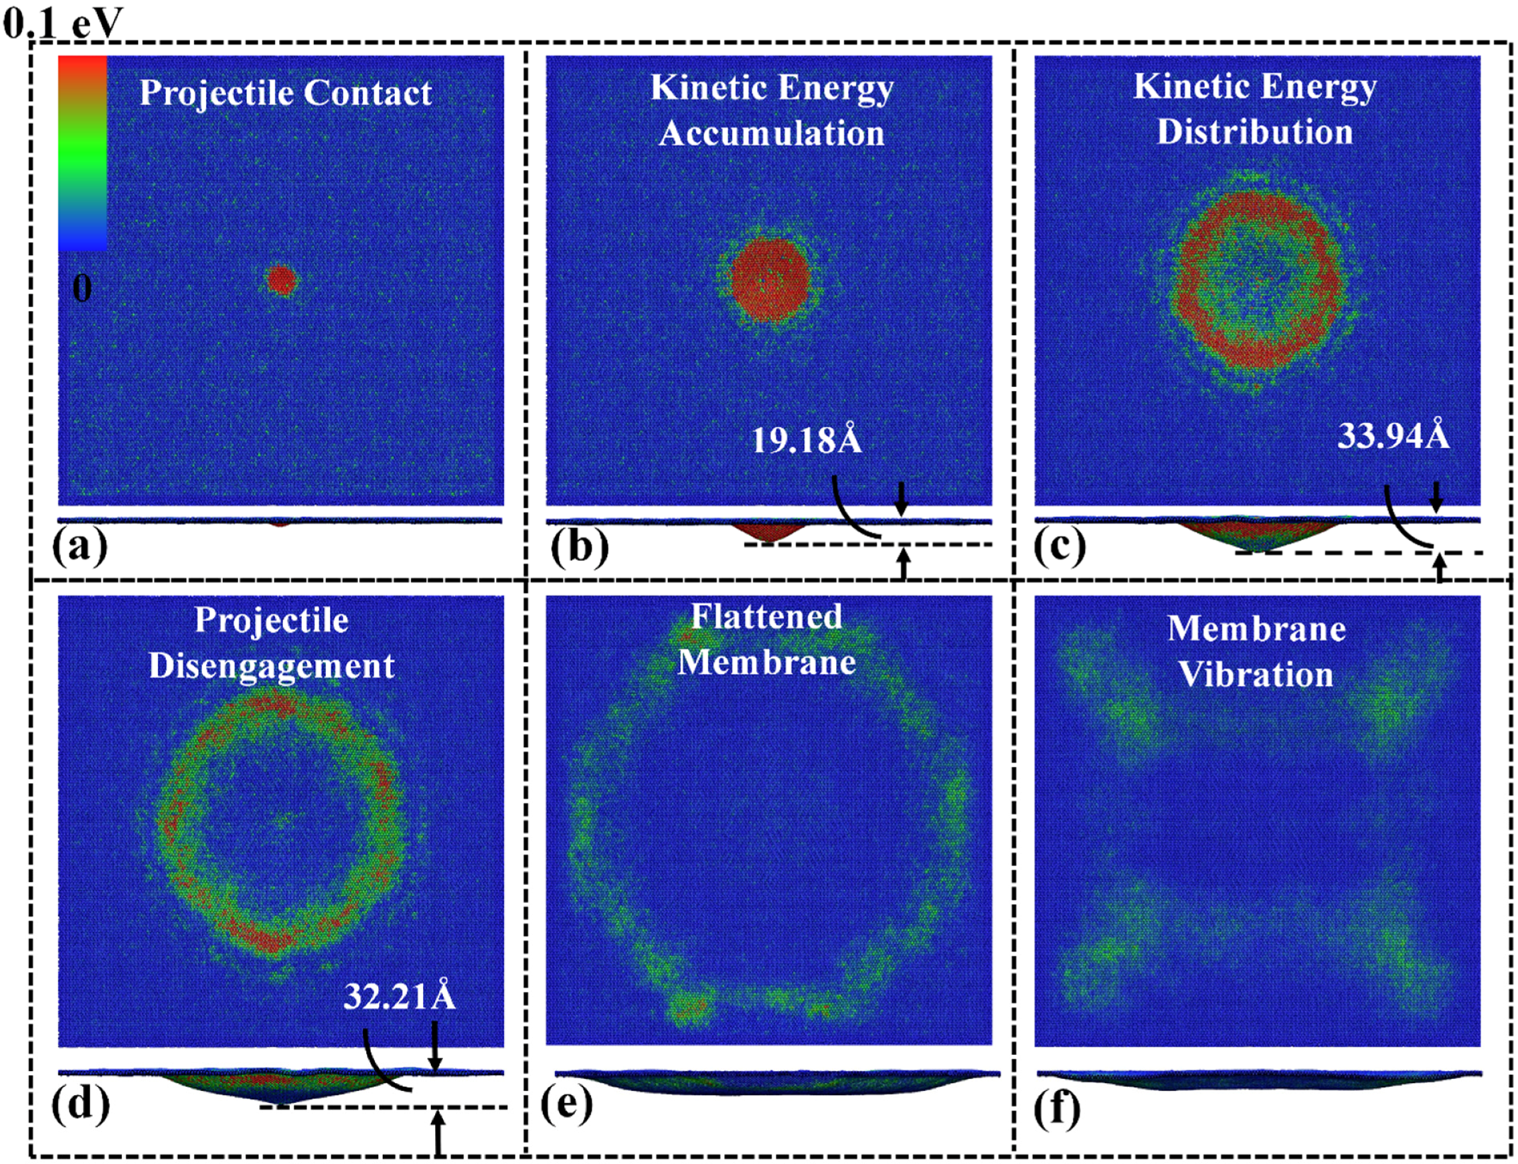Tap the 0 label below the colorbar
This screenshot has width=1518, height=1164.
pyautogui.click(x=82, y=287)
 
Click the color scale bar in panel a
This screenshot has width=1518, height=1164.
pyautogui.click(x=82, y=153)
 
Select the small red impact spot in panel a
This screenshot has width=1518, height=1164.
pyautogui.click(x=281, y=280)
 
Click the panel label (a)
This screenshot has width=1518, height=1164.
pyautogui.click(x=80, y=547)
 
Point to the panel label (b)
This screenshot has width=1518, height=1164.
pyautogui.click(x=579, y=547)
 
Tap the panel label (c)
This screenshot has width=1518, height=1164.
pyautogui.click(x=1060, y=547)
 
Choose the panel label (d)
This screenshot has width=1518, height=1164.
pyautogui.click(x=80, y=1103)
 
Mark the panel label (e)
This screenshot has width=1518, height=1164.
pyautogui.click(x=567, y=1103)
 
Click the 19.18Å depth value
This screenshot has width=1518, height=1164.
pyautogui.click(x=807, y=440)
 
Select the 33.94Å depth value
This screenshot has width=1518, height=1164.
pyautogui.click(x=1393, y=436)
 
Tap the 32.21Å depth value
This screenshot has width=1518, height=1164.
pyautogui.click(x=399, y=997)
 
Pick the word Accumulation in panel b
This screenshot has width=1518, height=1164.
pyautogui.click(x=771, y=133)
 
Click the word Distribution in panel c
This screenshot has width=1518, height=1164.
pyautogui.click(x=1255, y=132)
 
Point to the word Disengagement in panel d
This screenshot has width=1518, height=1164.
pyautogui.click(x=272, y=667)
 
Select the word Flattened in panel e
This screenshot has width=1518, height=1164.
pyautogui.click(x=766, y=616)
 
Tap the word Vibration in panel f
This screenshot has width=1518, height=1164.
pyautogui.click(x=1256, y=674)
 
